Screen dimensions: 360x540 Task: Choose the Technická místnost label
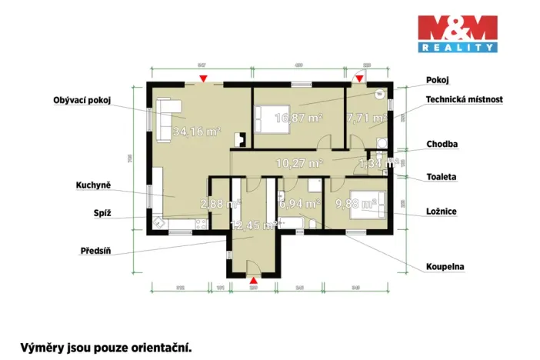pos(465,100)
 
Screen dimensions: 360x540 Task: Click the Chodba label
pos(442,144)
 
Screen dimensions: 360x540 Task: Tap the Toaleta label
pos(442,177)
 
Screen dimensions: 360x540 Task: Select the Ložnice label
pos(442,210)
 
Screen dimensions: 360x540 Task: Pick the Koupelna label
pos(445,267)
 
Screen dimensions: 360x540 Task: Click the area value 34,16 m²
pos(197,132)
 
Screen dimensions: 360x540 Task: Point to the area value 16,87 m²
pos(299,118)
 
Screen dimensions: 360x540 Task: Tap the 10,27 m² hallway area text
pos(298,163)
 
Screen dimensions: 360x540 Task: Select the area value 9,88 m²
pos(355,204)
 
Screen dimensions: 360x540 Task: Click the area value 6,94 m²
pos(299,204)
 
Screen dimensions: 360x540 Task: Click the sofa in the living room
pos(165,119)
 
